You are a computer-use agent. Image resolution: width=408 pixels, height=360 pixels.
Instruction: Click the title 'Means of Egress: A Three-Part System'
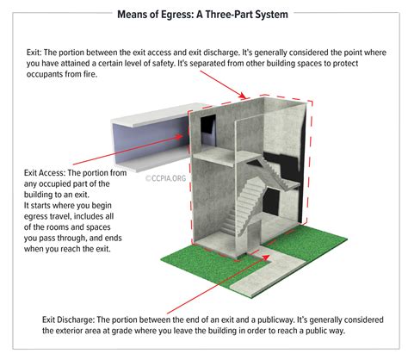pos(204,13)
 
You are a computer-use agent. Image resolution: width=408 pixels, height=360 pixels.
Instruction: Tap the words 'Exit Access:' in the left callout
pos(45,173)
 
